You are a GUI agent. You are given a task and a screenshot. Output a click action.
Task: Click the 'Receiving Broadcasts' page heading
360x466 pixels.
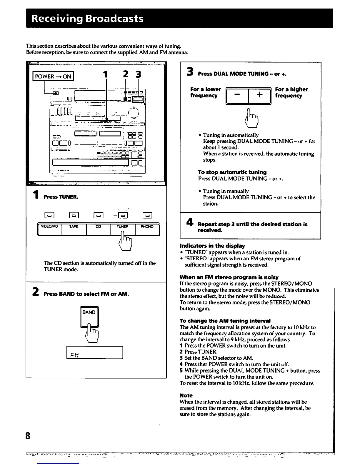87,19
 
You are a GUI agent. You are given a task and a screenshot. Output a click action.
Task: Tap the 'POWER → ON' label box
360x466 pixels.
53,76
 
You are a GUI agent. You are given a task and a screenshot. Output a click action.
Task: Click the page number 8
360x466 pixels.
28,435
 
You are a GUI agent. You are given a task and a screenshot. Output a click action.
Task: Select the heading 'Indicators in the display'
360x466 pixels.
212,246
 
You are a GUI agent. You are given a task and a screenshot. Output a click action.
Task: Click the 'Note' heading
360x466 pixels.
186,395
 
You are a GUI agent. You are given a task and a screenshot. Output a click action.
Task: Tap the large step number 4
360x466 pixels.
190,222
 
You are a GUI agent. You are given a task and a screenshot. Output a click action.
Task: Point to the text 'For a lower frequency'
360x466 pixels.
206,92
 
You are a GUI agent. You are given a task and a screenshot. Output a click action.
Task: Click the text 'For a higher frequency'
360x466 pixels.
291,92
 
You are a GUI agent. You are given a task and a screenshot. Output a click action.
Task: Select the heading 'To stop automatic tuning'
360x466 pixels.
232,172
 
